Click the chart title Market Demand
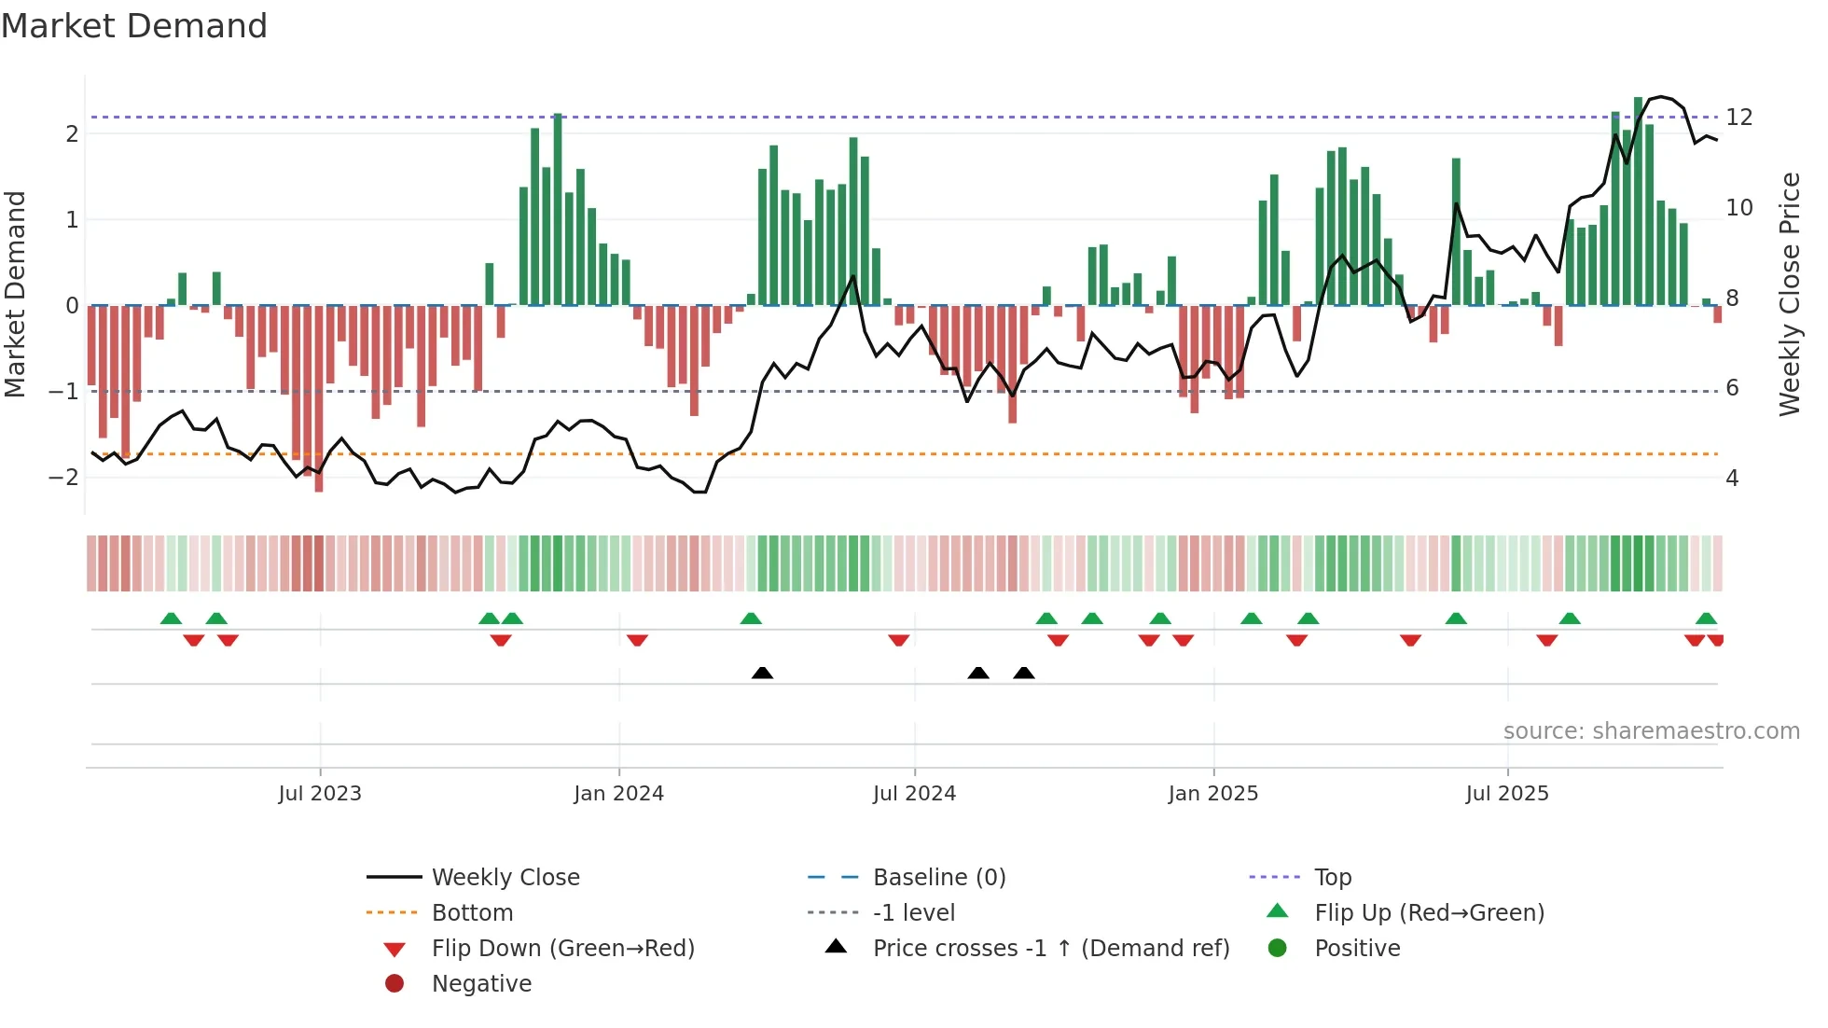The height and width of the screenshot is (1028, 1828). [134, 26]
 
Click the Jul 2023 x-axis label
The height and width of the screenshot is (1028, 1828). [320, 794]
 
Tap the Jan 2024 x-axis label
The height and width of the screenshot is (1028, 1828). [618, 794]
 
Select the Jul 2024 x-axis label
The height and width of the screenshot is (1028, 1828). [914, 794]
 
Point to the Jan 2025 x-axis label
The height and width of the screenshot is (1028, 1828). [1212, 794]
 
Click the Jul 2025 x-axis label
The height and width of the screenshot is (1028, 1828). [1506, 794]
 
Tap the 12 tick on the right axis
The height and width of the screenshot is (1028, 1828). [1738, 118]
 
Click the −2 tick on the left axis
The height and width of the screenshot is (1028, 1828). [63, 478]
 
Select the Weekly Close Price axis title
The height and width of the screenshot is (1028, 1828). [1789, 294]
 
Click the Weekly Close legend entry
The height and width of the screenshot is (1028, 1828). [505, 878]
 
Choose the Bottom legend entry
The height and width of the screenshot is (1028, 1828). [472, 913]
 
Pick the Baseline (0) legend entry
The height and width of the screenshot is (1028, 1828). [938, 878]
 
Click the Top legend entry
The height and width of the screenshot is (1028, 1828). [1332, 878]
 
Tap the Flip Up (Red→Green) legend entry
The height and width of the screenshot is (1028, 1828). [1428, 913]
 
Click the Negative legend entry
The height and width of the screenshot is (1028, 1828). [481, 984]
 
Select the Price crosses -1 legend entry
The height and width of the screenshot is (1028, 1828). [1050, 949]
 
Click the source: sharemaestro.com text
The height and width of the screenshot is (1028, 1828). [1651, 731]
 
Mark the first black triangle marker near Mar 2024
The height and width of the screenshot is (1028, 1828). [762, 674]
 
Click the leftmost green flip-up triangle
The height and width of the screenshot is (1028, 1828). [171, 618]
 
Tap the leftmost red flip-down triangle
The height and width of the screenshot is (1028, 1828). [194, 640]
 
